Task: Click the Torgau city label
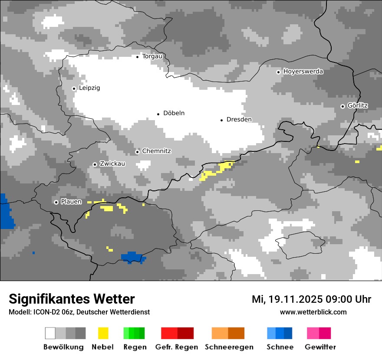coord(152,56)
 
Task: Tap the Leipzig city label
coord(89,88)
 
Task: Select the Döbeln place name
coord(174,113)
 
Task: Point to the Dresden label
coord(239,120)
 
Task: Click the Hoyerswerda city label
coord(303,72)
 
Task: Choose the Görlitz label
coord(358,106)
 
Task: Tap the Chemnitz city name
coord(156,151)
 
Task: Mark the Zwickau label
coord(112,164)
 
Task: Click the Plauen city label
coord(71,202)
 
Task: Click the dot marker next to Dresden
coord(221,120)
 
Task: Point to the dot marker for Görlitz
coord(342,106)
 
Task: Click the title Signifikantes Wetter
coord(72,299)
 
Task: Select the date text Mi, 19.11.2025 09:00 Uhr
coord(311,299)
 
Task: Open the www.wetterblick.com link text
coord(313,312)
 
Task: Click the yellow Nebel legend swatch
coord(103,333)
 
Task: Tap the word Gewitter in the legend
coord(320,347)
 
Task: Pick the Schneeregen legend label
coord(229,347)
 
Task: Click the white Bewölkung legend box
coord(50,333)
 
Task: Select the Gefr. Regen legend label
coord(177,347)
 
